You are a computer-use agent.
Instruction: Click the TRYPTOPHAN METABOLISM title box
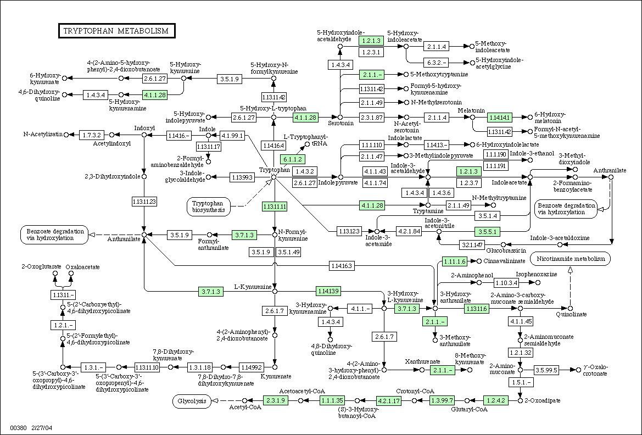click(116, 31)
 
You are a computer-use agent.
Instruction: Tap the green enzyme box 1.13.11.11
click(275, 207)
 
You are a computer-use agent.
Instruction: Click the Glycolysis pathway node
click(192, 400)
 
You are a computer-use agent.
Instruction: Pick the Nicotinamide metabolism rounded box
click(571, 259)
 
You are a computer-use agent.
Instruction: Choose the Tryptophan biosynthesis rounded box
click(208, 207)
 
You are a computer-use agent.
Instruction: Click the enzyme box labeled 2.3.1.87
click(372, 118)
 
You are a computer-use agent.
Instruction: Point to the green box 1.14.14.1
click(500, 118)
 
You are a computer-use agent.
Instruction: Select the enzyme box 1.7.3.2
click(92, 135)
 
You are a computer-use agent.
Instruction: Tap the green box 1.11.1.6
click(455, 261)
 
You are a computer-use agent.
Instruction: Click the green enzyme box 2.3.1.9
click(276, 400)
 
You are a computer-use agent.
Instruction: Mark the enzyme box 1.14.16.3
click(341, 266)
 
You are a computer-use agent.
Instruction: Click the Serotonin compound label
click(340, 123)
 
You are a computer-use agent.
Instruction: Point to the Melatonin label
click(471, 110)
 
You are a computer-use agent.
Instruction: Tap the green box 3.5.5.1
click(487, 232)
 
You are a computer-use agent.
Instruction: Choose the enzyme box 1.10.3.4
click(506, 283)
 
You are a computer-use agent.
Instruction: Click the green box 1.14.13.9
click(328, 291)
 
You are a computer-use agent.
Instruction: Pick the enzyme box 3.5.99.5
click(546, 370)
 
